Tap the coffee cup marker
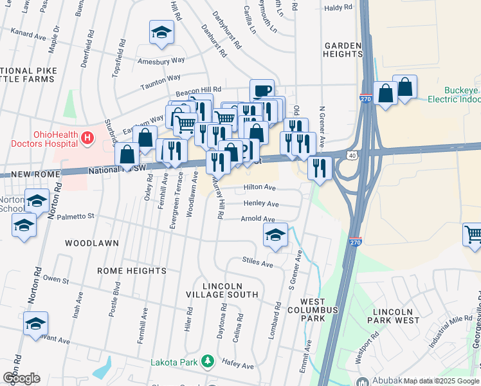click(262, 91)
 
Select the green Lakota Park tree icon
click(207, 362)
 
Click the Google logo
click(21, 378)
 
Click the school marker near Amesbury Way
click(161, 32)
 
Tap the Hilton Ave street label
click(259, 188)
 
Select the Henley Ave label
click(260, 204)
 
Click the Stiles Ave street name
click(257, 263)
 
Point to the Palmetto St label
click(75, 216)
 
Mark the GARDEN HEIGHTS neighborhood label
click(343, 50)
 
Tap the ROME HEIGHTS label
click(131, 271)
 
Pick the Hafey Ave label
click(239, 365)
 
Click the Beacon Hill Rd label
click(200, 89)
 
